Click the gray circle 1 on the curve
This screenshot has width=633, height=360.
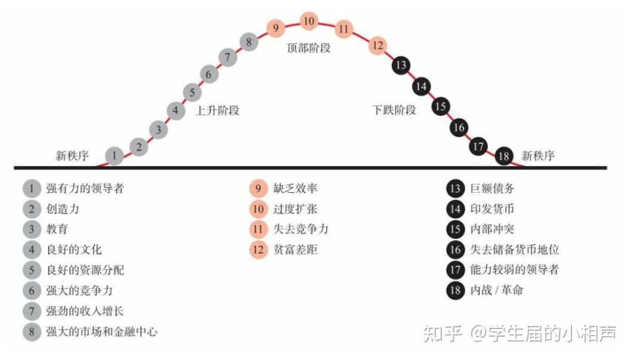[114, 156]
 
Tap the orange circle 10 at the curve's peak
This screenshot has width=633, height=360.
[309, 22]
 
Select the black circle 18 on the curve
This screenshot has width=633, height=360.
[505, 156]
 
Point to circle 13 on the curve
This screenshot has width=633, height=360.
[401, 65]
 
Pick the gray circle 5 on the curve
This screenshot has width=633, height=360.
[192, 93]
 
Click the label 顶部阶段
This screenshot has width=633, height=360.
[309, 48]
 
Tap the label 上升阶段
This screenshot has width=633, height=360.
[217, 110]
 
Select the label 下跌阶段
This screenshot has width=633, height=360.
[394, 110]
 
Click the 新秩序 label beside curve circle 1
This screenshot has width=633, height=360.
[72, 156]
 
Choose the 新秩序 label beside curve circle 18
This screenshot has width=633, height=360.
[538, 156]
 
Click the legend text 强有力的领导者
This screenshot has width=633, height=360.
[85, 189]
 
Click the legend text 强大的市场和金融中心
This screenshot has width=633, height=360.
[102, 331]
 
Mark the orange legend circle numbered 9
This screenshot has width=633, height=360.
[258, 189]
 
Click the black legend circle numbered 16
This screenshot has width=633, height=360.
[456, 250]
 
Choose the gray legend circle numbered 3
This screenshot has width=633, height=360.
[32, 229]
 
